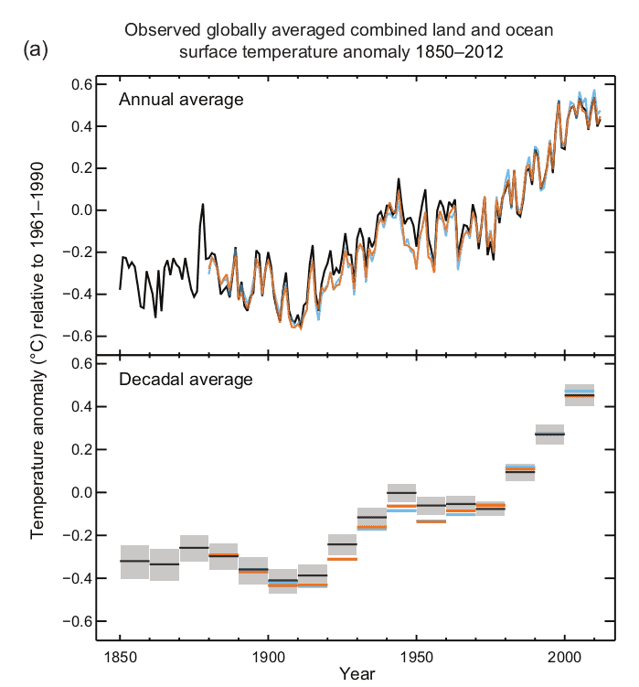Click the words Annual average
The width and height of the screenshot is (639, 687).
181,99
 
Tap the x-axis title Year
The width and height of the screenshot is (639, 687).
355,674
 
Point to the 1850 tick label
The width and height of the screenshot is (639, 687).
120,657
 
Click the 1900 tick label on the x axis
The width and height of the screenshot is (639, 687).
268,657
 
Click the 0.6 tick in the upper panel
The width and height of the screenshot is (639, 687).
82,84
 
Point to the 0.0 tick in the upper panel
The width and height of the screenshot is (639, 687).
82,210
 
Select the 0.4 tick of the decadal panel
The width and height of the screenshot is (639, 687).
82,406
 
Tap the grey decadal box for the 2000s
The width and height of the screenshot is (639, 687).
579,395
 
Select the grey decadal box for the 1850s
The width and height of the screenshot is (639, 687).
134,561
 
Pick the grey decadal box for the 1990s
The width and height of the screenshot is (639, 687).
549,434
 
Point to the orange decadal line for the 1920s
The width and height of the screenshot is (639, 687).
342,558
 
